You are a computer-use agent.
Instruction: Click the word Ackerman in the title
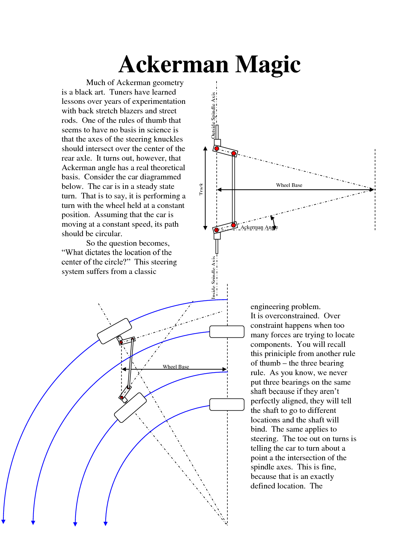coord(174,64)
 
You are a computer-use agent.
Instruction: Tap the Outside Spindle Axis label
coord(213,115)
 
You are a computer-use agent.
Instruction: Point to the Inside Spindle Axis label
coord(213,277)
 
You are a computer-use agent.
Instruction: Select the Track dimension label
coord(201,190)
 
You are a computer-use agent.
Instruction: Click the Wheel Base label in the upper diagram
coord(289,185)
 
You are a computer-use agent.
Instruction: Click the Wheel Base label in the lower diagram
coord(176,367)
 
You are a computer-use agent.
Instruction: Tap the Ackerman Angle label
coord(259,227)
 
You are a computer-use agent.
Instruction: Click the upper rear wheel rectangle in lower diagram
coord(227,332)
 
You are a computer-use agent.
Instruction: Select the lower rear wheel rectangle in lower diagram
coord(227,405)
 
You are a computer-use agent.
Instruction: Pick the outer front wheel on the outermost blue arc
coord(114,331)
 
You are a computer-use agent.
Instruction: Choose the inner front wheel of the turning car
coord(130,407)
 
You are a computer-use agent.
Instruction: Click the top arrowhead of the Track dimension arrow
coord(205,148)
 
